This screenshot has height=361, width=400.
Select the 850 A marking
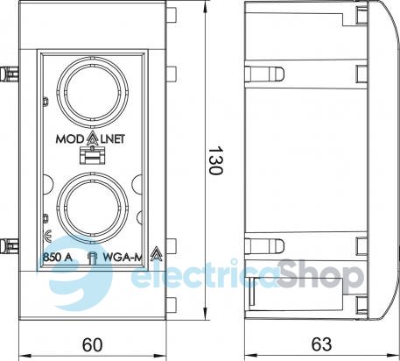[x=58, y=257]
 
